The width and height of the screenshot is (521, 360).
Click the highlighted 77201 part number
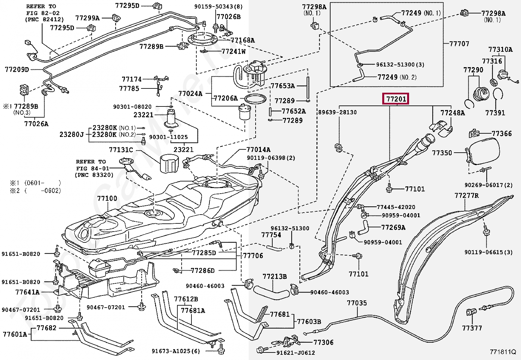(396, 99)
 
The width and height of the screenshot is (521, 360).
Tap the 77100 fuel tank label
(107, 199)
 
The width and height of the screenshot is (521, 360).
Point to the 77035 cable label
(357, 303)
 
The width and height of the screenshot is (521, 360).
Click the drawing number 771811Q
(502, 352)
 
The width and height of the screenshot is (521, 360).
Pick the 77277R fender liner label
(467, 195)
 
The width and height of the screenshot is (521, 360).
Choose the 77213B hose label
(275, 276)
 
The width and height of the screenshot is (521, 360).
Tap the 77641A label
(27, 292)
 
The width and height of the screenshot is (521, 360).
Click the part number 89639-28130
(337, 112)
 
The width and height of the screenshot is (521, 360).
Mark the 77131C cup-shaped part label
(121, 150)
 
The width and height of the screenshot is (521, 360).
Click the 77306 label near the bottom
(324, 342)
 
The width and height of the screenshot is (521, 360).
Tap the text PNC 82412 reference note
(45, 19)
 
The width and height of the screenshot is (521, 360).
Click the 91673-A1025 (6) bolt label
(176, 351)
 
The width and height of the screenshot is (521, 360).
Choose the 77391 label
(495, 113)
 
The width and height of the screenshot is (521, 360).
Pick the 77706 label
(253, 256)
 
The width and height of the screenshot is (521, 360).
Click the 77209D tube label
(17, 69)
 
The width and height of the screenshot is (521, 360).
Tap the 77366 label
(502, 133)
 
